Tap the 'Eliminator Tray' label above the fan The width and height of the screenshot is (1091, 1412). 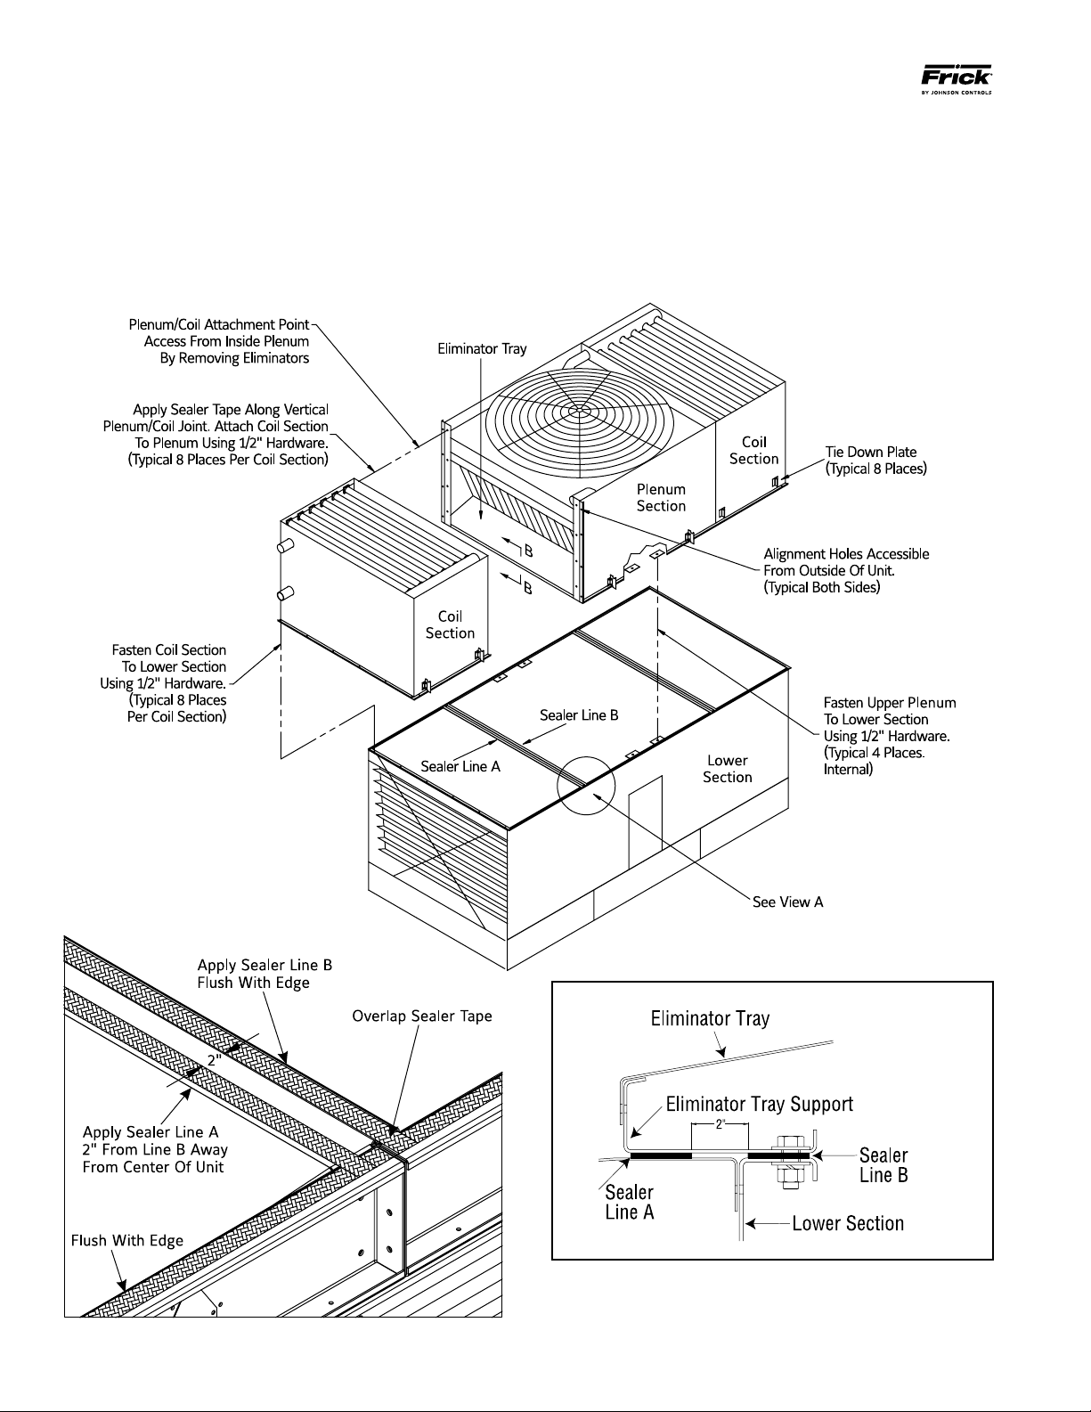482,349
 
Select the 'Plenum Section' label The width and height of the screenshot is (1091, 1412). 661,498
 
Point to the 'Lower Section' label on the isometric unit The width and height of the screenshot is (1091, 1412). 728,769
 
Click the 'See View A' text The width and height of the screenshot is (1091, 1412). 787,902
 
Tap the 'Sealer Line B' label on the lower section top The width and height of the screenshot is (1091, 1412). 579,715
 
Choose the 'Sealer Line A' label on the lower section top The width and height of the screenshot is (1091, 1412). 460,767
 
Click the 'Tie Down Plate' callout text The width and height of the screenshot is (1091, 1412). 871,453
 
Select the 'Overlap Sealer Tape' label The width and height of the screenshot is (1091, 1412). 422,1016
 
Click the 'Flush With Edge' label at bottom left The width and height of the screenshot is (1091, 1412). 127,1240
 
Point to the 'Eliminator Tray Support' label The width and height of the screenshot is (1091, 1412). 759,1104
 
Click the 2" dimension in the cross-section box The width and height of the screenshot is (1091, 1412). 720,1124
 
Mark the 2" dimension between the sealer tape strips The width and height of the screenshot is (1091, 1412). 215,1060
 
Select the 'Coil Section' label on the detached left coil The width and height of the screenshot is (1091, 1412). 450,624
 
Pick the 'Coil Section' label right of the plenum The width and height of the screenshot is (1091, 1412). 753,450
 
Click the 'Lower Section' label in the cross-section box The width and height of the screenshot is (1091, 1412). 848,1223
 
